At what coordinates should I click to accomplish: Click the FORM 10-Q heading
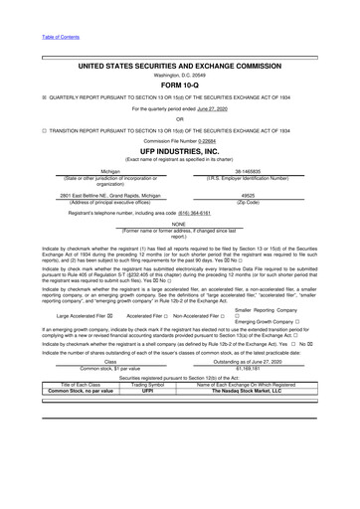coord(180,85)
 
